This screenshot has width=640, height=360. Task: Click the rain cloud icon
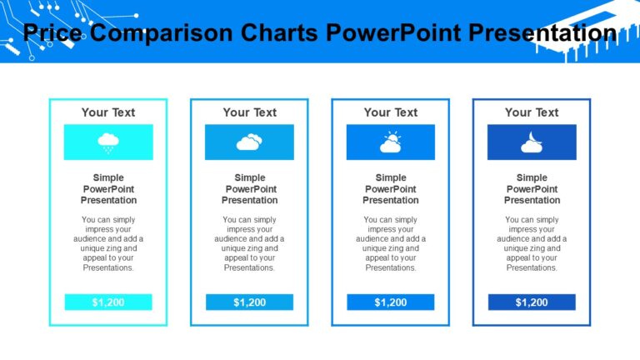click(x=108, y=142)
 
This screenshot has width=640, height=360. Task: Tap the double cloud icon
click(x=249, y=142)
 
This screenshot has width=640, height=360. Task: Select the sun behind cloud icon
click(x=390, y=142)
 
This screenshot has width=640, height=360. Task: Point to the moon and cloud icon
click(x=532, y=143)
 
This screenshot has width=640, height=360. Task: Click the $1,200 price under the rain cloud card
click(x=108, y=302)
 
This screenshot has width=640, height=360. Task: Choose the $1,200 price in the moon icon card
click(x=532, y=302)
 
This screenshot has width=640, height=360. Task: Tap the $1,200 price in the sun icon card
click(x=391, y=302)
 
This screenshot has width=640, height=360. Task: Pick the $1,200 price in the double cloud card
click(x=249, y=302)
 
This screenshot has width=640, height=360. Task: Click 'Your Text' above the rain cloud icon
click(x=108, y=112)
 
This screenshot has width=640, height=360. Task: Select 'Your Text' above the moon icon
click(x=532, y=112)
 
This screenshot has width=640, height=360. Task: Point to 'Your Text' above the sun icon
click(x=391, y=112)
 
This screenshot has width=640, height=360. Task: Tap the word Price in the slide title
click(x=52, y=33)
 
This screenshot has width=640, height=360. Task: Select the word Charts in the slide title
click(x=279, y=33)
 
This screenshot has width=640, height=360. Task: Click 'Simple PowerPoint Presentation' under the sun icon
click(x=391, y=189)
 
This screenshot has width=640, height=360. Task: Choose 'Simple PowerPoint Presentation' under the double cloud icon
click(x=249, y=189)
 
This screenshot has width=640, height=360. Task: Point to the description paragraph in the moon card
click(x=532, y=243)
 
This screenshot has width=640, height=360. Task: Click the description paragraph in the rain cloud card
click(x=108, y=243)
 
